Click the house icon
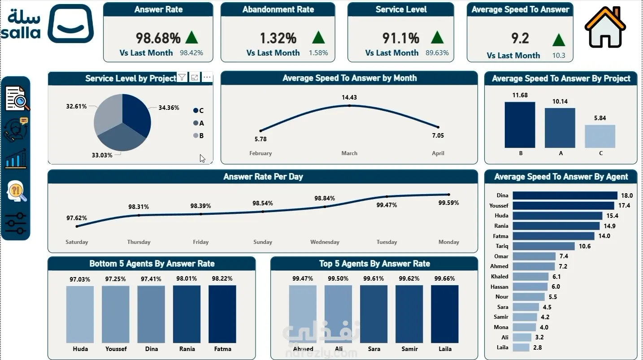tap(605, 27)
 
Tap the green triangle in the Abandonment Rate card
tap(318, 38)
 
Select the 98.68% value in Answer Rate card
tap(158, 38)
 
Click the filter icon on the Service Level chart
tap(182, 77)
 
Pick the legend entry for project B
tap(199, 135)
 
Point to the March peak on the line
tap(349, 106)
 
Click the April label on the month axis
tap(438, 153)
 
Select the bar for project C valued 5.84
tap(600, 136)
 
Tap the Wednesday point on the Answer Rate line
tap(325, 207)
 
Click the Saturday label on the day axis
tap(77, 242)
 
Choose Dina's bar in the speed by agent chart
tap(565, 195)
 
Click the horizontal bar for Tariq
tap(543, 246)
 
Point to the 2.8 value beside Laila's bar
tap(537, 347)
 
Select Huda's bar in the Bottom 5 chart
tap(80, 314)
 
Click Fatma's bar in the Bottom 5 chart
tap(222, 314)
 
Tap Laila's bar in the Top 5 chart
tap(445, 314)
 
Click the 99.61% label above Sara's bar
tap(374, 278)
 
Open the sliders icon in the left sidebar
tap(16, 223)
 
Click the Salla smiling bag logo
tap(70, 24)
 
